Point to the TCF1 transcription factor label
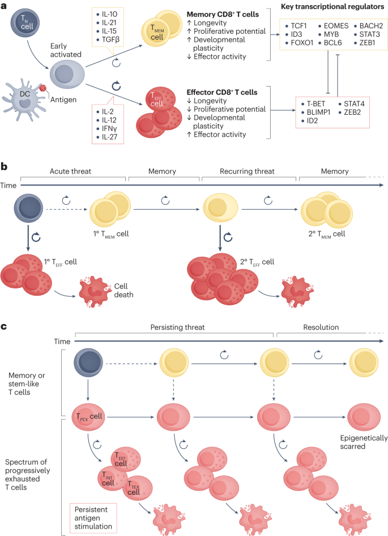[x=299, y=26]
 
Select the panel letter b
[x=5, y=167]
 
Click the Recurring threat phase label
[x=248, y=170]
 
